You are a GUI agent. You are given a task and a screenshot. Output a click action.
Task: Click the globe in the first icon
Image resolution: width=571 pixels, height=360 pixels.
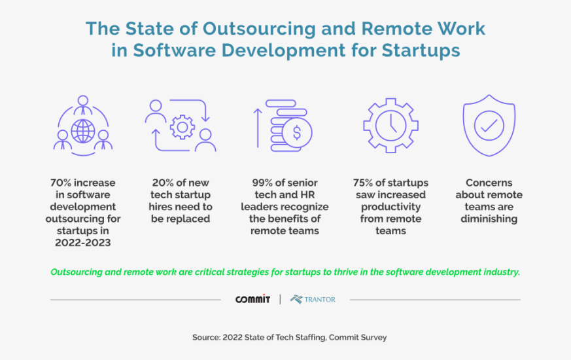(x=82, y=131)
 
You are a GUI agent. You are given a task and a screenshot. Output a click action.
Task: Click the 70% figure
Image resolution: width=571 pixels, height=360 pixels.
(x=62, y=183)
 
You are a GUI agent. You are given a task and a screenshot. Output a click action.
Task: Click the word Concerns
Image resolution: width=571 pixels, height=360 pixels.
(x=489, y=183)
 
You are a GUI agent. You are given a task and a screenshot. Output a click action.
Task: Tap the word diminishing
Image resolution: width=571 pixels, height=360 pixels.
(x=489, y=219)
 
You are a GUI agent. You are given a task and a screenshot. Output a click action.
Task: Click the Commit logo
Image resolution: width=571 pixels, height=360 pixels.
(x=253, y=299)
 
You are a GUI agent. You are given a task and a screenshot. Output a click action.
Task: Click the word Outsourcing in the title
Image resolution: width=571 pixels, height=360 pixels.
(x=254, y=29)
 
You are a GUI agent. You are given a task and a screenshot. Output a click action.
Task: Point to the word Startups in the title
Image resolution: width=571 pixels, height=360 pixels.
(x=416, y=50)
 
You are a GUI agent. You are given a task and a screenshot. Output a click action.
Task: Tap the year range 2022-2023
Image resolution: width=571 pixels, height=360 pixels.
(x=82, y=242)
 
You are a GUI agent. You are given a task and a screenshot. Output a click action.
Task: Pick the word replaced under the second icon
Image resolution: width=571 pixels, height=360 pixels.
(x=185, y=219)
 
